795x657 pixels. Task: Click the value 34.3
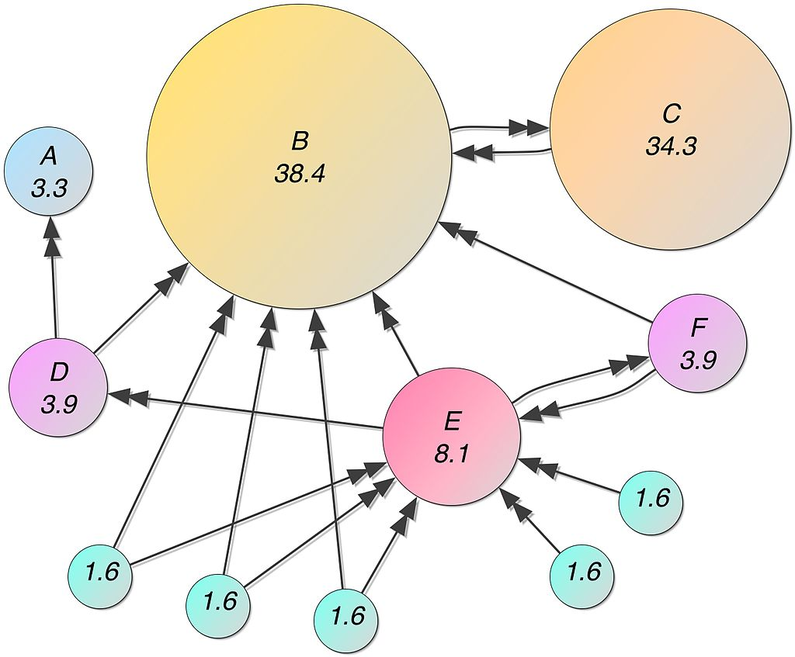pyautogui.click(x=671, y=146)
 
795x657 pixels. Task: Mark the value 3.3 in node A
pyautogui.click(x=49, y=188)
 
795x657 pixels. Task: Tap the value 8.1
pyautogui.click(x=452, y=454)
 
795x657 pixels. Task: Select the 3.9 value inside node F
pyautogui.click(x=697, y=360)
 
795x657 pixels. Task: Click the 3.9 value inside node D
pyautogui.click(x=59, y=404)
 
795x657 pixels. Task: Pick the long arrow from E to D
pyautogui.click(x=248, y=411)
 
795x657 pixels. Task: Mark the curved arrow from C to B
pyautogui.click(x=505, y=154)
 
